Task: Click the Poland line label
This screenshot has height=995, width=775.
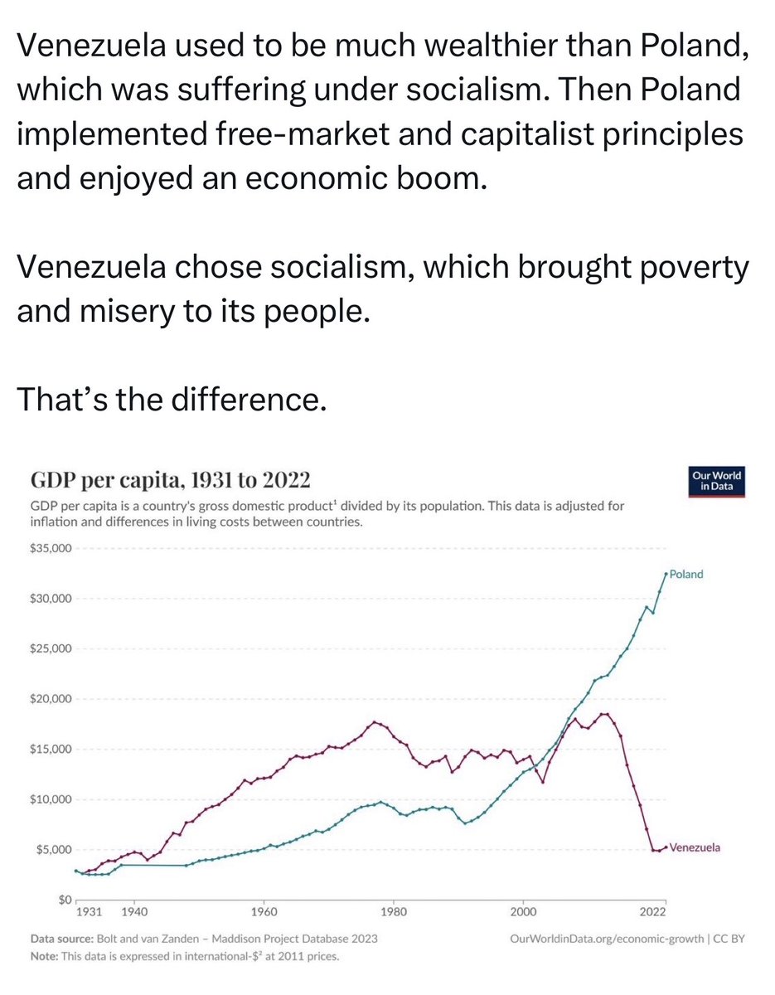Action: (686, 574)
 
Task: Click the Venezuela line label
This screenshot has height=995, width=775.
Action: (695, 847)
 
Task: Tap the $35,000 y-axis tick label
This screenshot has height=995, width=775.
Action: (52, 548)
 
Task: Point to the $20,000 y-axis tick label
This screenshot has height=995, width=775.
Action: (52, 699)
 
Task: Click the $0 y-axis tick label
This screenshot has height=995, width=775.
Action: (65, 900)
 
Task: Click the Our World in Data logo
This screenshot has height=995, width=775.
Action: (717, 482)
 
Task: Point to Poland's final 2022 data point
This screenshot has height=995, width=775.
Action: (666, 573)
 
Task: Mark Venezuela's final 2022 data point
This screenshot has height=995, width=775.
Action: (666, 847)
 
